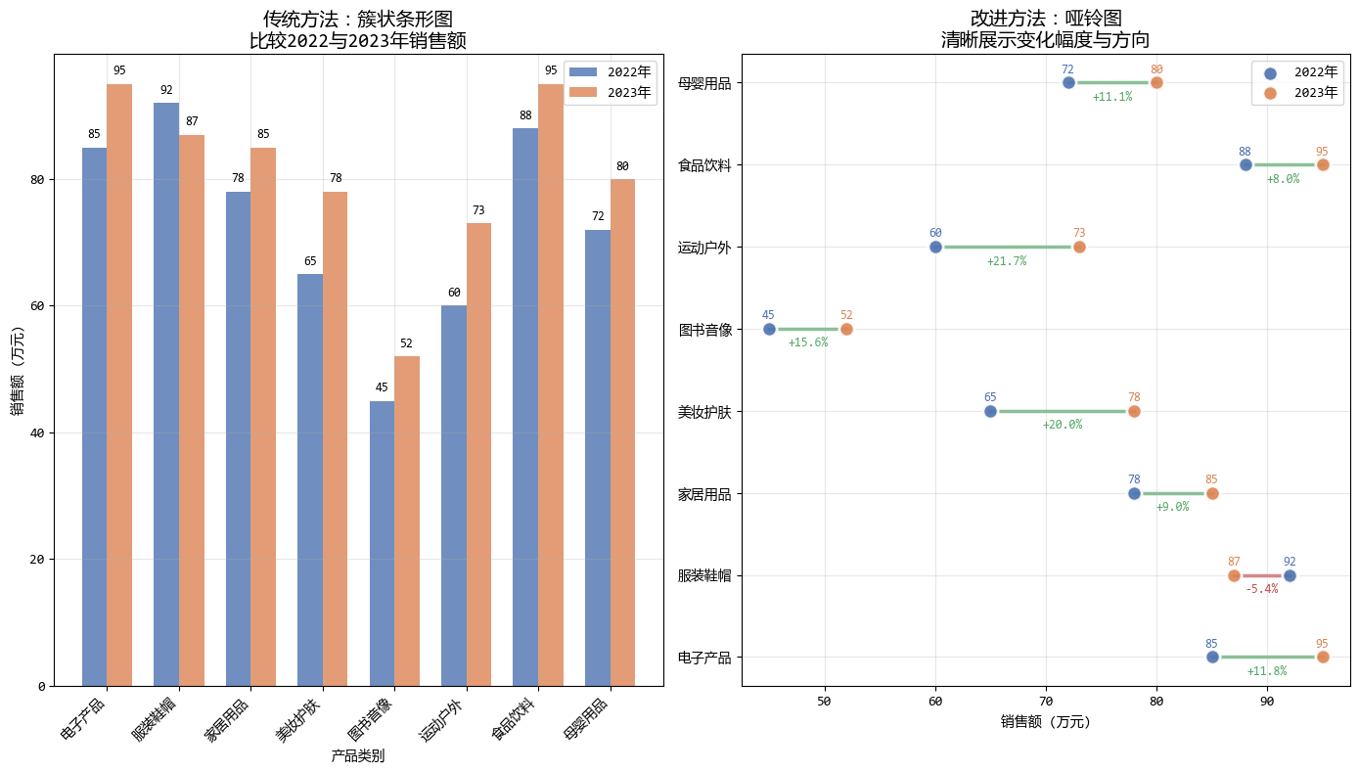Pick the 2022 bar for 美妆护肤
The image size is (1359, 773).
point(310,479)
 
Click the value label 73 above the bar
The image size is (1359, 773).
point(478,210)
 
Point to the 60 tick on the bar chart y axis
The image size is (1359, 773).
point(38,306)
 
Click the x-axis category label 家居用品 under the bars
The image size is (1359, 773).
point(228,718)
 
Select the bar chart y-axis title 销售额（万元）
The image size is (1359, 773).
point(17,369)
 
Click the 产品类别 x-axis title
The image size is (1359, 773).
point(357,755)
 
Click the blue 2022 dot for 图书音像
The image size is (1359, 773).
point(769,329)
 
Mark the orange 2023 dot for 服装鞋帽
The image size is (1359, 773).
point(1234,575)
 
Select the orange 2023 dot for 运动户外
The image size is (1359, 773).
point(1079,247)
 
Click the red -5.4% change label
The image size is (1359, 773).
point(1261,589)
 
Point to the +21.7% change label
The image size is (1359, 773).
point(1006,261)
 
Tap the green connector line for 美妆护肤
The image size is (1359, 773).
point(1062,411)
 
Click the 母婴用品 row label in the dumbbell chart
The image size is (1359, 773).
point(704,83)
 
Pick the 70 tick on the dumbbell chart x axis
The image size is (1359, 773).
point(1046,701)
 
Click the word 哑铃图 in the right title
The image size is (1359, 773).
point(1092,19)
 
